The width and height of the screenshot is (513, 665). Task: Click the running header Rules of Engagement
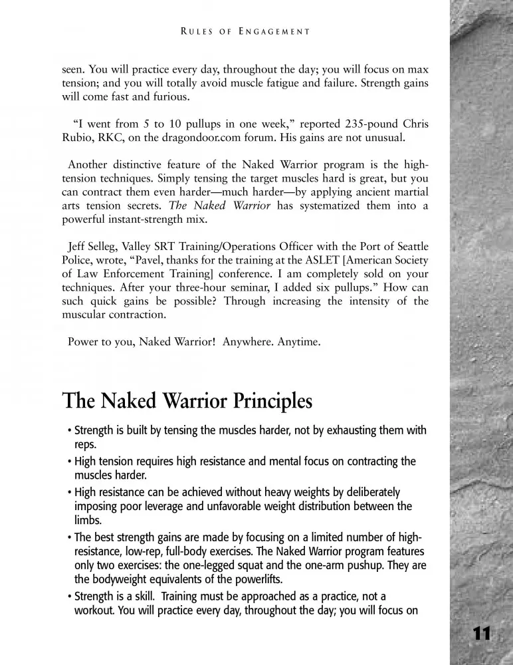click(245, 31)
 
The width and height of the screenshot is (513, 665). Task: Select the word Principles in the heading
click(266, 402)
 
